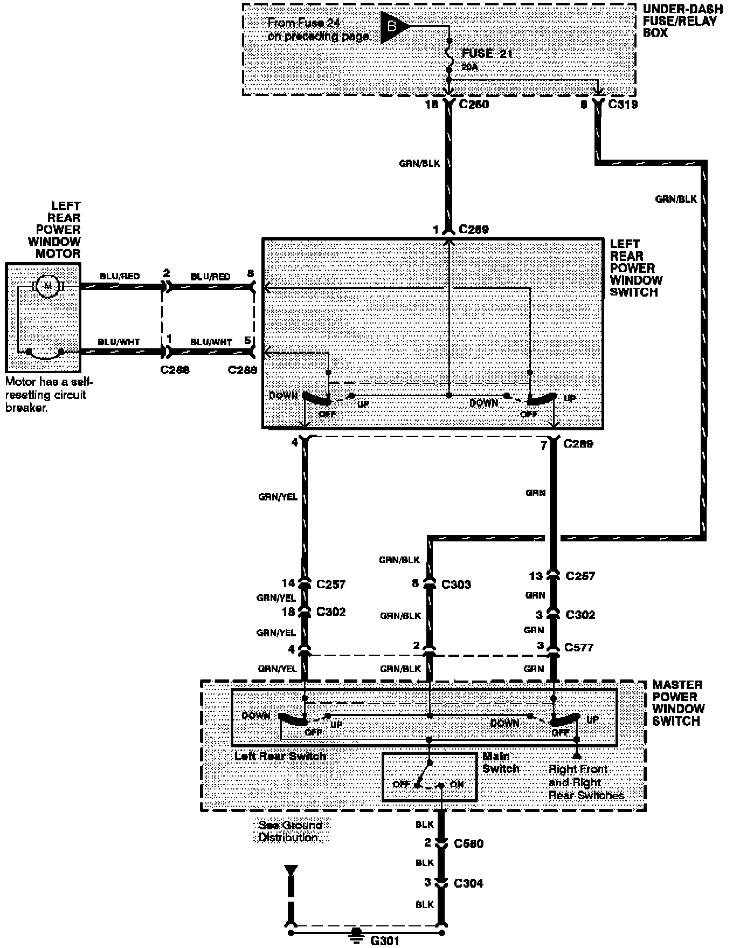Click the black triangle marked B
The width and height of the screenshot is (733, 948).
click(393, 27)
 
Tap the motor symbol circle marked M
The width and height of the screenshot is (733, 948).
click(48, 286)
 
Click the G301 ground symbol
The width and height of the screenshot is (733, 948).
click(356, 932)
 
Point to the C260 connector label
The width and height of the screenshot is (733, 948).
click(474, 104)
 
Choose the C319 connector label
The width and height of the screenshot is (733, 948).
click(623, 104)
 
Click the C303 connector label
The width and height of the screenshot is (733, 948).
click(456, 584)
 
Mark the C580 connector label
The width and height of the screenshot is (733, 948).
click(468, 843)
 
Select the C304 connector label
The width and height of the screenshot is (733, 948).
click(468, 883)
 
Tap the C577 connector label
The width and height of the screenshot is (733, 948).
click(579, 647)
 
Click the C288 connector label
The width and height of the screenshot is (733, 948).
click(175, 370)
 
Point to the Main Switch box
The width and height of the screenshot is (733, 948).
click(430, 777)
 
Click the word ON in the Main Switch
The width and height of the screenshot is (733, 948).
click(457, 784)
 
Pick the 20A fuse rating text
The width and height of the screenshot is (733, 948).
click(469, 67)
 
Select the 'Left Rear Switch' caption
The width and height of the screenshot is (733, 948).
click(280, 756)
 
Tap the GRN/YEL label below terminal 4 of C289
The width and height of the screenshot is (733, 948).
click(278, 497)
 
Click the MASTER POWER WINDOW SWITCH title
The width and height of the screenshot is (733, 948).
click(678, 703)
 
